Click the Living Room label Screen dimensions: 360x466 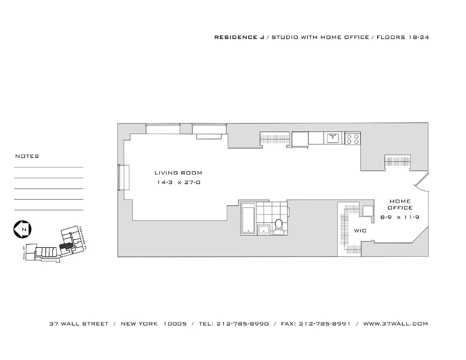(x=178, y=173)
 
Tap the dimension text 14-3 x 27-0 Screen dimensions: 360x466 (x=179, y=183)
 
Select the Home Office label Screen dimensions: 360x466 (x=400, y=204)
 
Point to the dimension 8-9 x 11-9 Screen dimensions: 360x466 (x=400, y=217)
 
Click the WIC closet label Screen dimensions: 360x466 (x=360, y=231)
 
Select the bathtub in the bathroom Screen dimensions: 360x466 (x=248, y=219)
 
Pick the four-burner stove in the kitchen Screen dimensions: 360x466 (x=352, y=139)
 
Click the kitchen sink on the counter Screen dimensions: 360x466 (x=333, y=138)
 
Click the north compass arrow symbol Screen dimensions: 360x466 (x=23, y=229)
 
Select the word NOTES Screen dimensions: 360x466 (x=27, y=156)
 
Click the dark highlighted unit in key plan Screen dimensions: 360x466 (x=66, y=246)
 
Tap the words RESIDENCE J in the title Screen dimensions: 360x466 (x=239, y=37)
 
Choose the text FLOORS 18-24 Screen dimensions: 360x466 (x=403, y=37)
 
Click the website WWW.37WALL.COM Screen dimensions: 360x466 (x=396, y=324)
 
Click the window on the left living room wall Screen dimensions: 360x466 (x=119, y=178)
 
